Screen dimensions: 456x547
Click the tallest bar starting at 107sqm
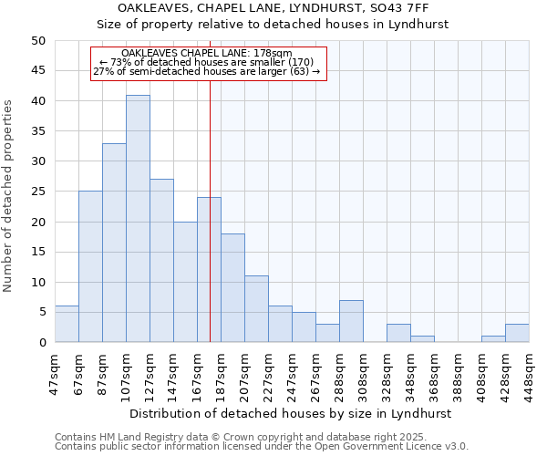point(138,219)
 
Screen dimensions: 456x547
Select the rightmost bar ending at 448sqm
point(517,333)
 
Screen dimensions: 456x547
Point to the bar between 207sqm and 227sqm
point(256,309)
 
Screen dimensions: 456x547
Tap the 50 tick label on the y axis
point(37,41)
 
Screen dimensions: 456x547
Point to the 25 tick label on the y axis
point(37,192)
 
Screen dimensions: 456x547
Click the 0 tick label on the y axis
point(41,342)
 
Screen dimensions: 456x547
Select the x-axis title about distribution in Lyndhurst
point(292,413)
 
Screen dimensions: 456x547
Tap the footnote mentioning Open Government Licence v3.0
point(262,447)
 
